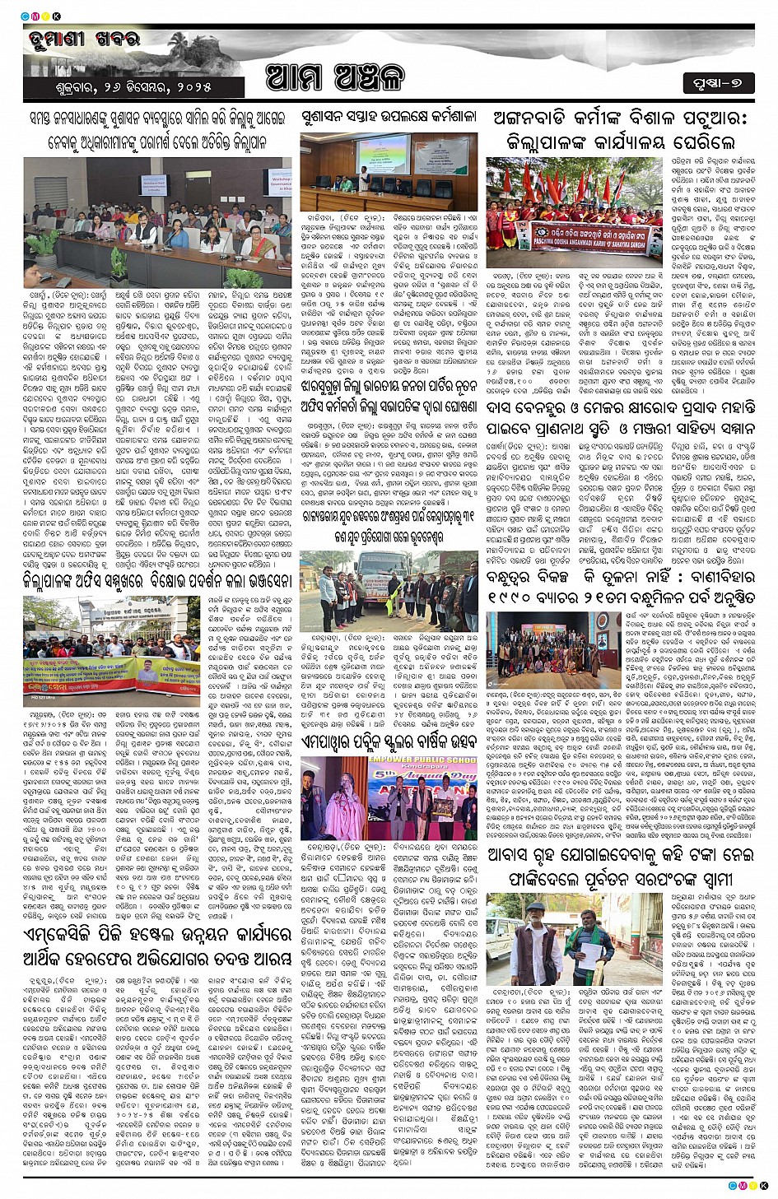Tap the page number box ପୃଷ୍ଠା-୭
717,82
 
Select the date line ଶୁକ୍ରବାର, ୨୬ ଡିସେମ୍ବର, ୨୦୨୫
130,87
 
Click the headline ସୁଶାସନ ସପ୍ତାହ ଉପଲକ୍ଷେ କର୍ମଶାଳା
388,117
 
